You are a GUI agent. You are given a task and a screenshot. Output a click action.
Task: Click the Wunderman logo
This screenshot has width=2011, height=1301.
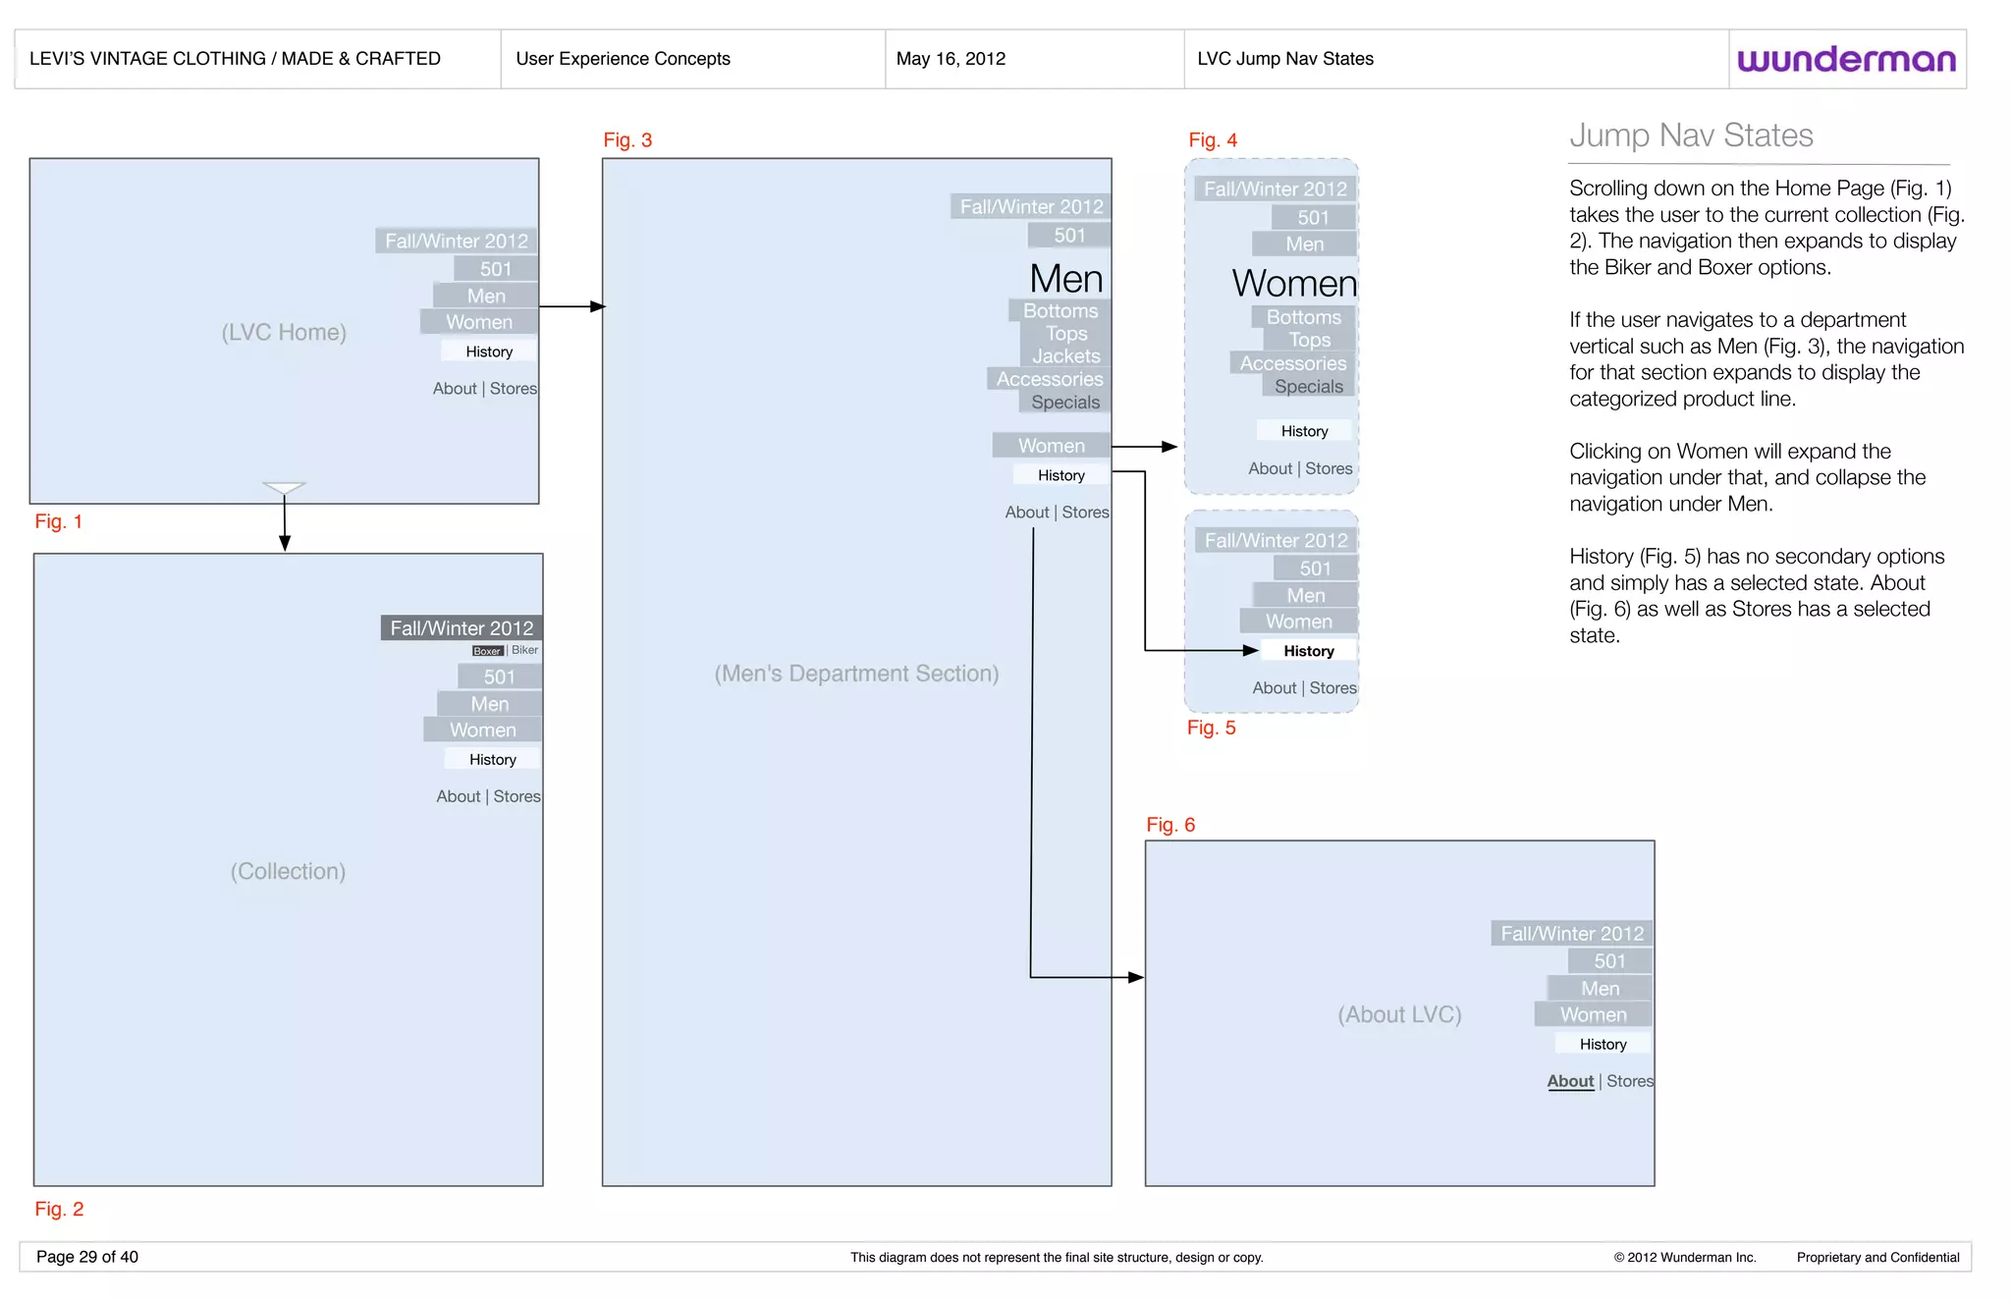(x=1846, y=59)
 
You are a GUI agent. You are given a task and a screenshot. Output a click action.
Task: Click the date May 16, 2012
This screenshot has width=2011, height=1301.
(x=951, y=59)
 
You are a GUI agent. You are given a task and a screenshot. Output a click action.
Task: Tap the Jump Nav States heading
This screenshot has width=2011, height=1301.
(x=1691, y=136)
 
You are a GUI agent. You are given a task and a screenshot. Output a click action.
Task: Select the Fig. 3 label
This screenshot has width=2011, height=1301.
(x=627, y=140)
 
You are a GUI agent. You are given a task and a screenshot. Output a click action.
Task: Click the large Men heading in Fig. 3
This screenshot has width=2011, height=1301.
(x=1066, y=279)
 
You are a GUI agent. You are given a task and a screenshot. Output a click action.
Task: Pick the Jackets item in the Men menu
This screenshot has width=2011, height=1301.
(x=1066, y=356)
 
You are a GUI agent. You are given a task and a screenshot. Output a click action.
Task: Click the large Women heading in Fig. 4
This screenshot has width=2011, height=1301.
(x=1294, y=284)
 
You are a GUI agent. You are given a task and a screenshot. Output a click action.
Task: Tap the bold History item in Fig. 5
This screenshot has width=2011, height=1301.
(x=1309, y=651)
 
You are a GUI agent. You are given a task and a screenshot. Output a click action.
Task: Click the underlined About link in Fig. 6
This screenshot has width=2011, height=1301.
(x=1570, y=1081)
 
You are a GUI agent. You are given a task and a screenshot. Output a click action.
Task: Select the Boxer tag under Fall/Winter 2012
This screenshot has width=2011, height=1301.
(x=487, y=651)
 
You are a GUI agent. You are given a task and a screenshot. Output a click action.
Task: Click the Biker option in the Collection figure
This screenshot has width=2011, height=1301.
(x=525, y=650)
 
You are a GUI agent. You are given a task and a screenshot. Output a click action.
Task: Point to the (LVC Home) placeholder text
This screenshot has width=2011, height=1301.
(x=284, y=332)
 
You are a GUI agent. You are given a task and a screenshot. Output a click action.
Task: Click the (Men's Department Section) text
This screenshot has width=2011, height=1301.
(x=856, y=674)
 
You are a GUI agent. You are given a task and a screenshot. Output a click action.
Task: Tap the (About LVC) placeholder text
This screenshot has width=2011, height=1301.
(x=1399, y=1014)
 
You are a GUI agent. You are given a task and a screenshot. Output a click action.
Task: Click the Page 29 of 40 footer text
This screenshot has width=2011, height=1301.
(x=87, y=1257)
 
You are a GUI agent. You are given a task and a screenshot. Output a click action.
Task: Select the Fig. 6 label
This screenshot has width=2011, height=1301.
(x=1170, y=825)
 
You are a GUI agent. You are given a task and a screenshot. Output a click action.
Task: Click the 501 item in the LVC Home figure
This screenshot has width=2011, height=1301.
(x=496, y=269)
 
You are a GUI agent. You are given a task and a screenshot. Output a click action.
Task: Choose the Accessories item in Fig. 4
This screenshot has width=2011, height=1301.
(x=1293, y=363)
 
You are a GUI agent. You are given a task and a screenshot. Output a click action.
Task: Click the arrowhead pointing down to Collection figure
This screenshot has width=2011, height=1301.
(x=285, y=543)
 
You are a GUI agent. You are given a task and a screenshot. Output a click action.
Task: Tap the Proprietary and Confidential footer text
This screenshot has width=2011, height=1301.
(x=1877, y=1257)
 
